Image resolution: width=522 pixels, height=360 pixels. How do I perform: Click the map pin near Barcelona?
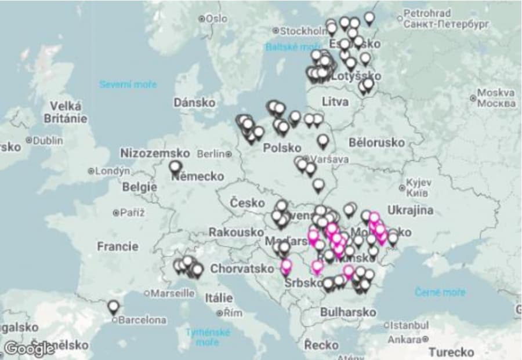113,306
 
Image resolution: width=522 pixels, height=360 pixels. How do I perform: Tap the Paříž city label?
132,213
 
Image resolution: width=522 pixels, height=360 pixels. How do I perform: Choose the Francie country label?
118,246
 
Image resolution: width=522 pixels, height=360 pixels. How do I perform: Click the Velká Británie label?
66,112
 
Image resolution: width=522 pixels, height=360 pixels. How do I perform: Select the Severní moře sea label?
128,85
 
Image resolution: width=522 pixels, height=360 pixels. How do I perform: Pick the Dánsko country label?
194,103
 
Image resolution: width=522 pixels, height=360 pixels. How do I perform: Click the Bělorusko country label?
376,142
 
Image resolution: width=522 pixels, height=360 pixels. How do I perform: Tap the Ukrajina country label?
410,210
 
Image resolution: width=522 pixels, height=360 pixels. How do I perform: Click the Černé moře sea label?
440,292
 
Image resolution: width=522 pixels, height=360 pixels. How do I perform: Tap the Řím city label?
232,314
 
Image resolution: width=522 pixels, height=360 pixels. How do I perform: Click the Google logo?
29,348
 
